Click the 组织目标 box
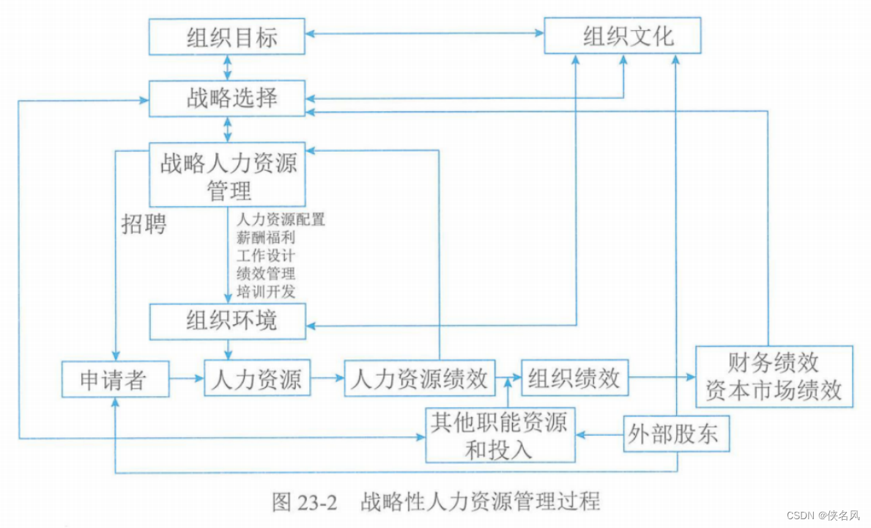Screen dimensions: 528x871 tap(227, 37)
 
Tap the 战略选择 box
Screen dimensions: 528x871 tap(227, 98)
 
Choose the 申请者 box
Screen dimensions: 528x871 tap(115, 379)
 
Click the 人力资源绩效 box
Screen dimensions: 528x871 tap(420, 378)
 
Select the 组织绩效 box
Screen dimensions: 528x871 tap(574, 378)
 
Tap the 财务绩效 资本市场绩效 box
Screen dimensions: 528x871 tap(774, 377)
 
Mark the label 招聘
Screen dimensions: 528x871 tap(144, 224)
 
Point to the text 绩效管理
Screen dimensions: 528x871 tap(266, 274)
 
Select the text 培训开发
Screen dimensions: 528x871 tap(266, 291)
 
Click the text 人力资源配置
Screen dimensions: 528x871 tap(281, 219)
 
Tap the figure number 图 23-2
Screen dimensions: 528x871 tap(304, 502)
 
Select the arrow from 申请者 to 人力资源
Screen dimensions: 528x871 tap(187, 379)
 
